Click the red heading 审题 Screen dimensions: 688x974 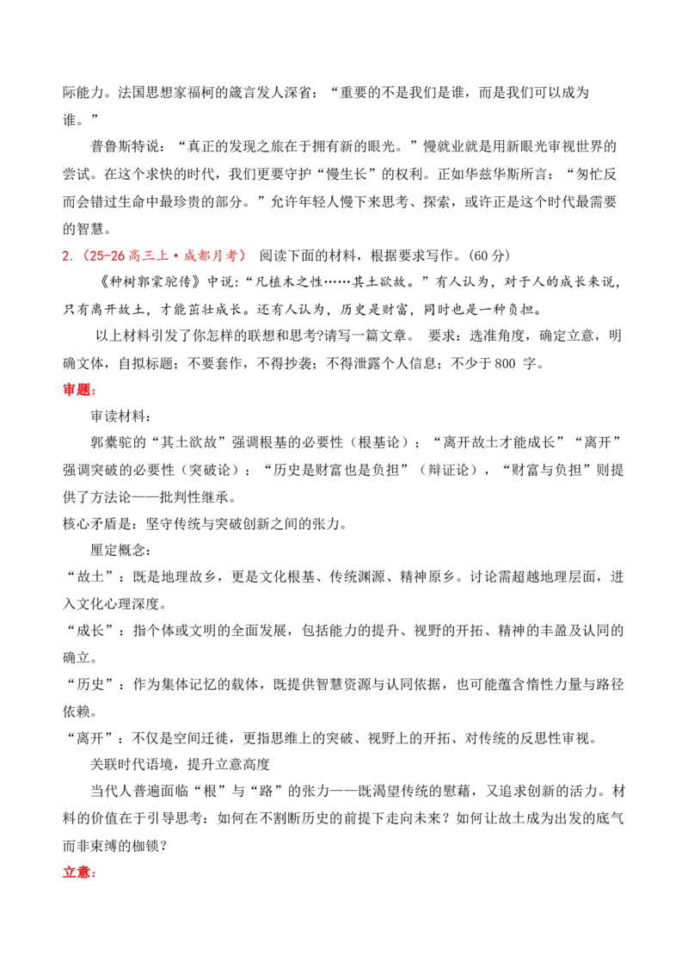77,390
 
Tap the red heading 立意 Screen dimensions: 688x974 77,872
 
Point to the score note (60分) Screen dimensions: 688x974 490,256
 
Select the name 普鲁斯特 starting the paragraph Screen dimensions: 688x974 118,146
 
